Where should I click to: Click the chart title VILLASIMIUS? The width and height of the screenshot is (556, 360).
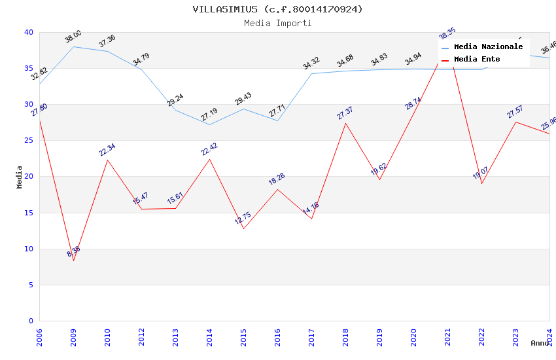277,9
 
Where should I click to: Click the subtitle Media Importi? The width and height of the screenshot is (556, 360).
277,24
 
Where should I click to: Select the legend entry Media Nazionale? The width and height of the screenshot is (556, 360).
488,47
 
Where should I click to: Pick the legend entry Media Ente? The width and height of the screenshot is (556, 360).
477,60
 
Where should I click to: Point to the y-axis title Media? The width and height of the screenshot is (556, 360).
20,177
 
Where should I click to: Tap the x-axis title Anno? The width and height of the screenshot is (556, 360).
540,343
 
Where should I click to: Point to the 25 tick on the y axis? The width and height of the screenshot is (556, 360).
29,141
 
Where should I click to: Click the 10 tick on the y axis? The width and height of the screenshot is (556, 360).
29,249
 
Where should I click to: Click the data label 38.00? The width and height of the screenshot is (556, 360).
73,37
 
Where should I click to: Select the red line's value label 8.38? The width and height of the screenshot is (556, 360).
73,252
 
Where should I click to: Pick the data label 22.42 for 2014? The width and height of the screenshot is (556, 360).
209,149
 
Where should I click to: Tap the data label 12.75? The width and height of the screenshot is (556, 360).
243,218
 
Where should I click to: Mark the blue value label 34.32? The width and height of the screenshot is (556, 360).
311,63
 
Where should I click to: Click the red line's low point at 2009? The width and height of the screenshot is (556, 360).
73,261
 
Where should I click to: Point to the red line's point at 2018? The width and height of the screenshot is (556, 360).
345,123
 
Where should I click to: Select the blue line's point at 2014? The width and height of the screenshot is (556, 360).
209,124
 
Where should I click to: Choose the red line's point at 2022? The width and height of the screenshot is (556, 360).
481,183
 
